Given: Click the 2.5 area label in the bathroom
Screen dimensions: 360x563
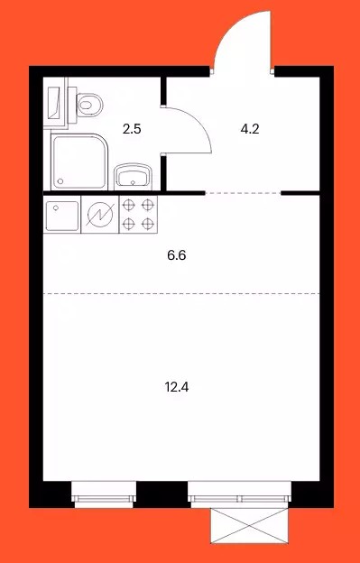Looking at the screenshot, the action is pyautogui.click(x=132, y=128).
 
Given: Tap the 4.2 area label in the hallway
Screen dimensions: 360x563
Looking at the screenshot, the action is pyautogui.click(x=250, y=128).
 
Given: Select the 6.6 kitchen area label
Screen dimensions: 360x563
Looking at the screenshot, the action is pyautogui.click(x=177, y=255).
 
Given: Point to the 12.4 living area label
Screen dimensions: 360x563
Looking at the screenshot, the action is pyautogui.click(x=177, y=387).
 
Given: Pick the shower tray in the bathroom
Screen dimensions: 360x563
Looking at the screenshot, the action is pyautogui.click(x=79, y=162).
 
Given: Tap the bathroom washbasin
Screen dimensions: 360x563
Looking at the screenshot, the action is pyautogui.click(x=132, y=177).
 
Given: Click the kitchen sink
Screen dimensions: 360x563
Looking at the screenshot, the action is pyautogui.click(x=62, y=216).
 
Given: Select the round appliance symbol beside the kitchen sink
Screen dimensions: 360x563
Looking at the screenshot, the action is pyautogui.click(x=100, y=216).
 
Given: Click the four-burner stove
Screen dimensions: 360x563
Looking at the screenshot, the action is pyautogui.click(x=138, y=215).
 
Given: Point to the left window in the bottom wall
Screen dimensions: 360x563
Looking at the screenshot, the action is pyautogui.click(x=104, y=494).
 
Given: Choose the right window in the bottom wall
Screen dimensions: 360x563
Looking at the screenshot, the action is pyautogui.click(x=239, y=494).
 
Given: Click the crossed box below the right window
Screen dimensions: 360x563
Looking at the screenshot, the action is pyautogui.click(x=249, y=525).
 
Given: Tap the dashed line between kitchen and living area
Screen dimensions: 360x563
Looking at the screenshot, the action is pyautogui.click(x=181, y=294).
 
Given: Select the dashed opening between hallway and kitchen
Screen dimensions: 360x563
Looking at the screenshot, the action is pyautogui.click(x=243, y=193).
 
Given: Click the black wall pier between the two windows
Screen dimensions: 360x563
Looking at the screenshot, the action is pyautogui.click(x=162, y=494).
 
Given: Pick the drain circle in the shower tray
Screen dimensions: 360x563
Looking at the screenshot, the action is pyautogui.click(x=60, y=181).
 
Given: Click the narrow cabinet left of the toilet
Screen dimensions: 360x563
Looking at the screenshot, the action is pyautogui.click(x=55, y=102).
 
